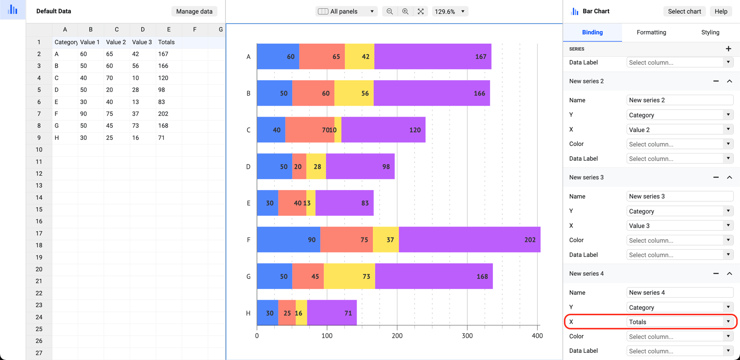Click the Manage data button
[194, 11]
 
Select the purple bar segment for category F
[469, 240]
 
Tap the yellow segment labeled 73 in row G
[349, 276]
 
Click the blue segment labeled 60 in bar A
[278, 57]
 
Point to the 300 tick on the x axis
[467, 336]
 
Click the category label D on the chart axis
[248, 167]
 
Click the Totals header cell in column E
[168, 42]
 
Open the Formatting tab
[651, 32]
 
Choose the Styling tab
[710, 32]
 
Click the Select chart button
[684, 11]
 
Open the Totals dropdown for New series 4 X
[679, 322]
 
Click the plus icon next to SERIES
[728, 49]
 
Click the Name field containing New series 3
[679, 196]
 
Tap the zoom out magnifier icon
[390, 11]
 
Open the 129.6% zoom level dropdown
[450, 11]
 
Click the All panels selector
[346, 11]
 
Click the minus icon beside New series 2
[716, 81]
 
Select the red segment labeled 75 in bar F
[346, 240]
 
